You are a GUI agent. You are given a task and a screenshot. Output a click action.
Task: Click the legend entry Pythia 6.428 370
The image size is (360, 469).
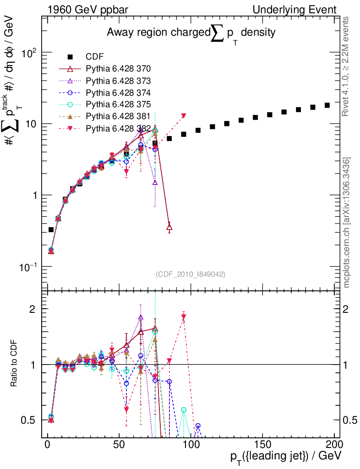point(118,69)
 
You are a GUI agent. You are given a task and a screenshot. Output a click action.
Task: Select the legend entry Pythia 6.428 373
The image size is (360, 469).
point(118,81)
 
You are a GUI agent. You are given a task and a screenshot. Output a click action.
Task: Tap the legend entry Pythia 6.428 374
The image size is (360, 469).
point(118,92)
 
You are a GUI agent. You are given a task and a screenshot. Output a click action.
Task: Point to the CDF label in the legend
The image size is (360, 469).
point(95,57)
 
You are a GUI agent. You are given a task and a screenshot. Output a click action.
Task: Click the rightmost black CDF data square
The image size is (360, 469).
point(327,105)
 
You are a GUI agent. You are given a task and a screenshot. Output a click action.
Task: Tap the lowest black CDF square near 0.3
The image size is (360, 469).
point(51,230)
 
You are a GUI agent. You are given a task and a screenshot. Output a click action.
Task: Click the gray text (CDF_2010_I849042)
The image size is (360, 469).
point(190,274)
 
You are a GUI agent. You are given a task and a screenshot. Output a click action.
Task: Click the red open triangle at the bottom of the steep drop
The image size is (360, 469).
point(169,227)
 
